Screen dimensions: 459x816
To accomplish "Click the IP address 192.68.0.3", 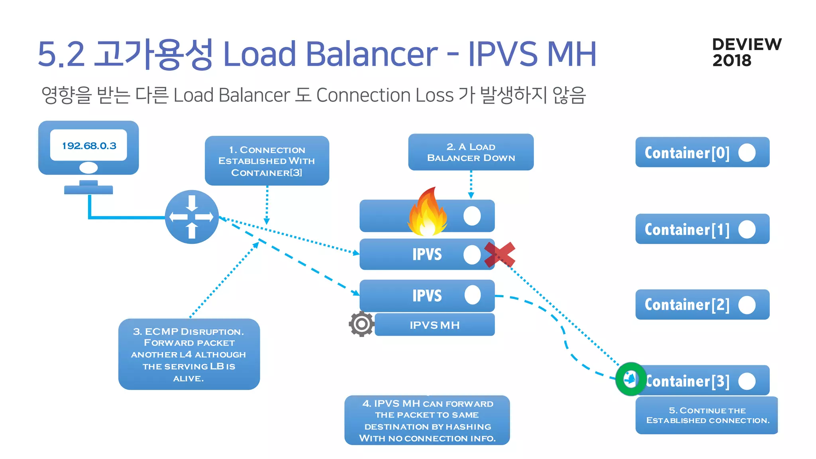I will click(x=89, y=146).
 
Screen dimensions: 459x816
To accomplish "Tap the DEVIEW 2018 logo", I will click(x=746, y=52).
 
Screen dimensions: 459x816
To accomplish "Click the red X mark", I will click(x=499, y=255).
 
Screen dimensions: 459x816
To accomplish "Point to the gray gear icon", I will click(x=361, y=324).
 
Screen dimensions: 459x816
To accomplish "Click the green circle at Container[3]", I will click(x=630, y=379).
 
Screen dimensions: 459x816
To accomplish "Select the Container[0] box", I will click(x=702, y=153).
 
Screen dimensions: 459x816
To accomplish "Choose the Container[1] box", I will click(x=702, y=229).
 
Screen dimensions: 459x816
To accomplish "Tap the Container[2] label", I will click(x=687, y=305).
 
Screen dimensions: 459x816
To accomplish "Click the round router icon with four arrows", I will click(x=192, y=217).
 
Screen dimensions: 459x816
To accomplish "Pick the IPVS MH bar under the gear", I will click(x=434, y=325).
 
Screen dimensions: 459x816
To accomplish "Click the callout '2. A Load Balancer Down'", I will click(x=471, y=152).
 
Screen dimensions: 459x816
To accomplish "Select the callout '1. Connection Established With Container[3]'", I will click(x=267, y=161).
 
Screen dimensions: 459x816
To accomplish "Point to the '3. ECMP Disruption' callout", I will click(x=189, y=354).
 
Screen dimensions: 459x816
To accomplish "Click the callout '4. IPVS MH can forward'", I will click(x=427, y=420).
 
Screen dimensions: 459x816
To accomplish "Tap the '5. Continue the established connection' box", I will click(x=707, y=415).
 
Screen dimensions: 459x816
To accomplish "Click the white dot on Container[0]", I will click(x=747, y=153).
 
